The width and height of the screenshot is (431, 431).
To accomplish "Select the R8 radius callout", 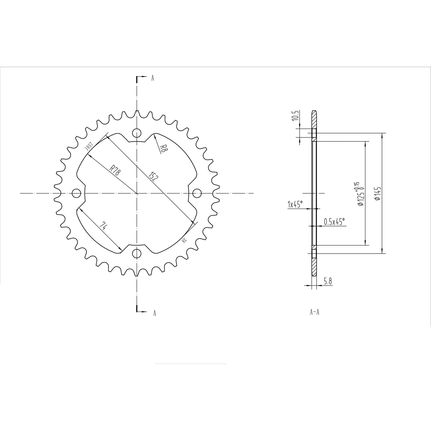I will click(162, 148).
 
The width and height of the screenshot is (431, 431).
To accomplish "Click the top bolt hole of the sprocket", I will click(137, 133).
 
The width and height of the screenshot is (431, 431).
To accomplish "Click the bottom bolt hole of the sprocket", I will click(137, 253).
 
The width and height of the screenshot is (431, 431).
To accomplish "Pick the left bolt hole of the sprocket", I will click(77, 193).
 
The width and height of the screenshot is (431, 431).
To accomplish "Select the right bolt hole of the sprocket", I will click(197, 193).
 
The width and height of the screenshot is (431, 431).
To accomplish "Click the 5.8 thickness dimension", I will click(328, 281).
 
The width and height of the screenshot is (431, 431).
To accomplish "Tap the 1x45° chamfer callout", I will click(295, 204).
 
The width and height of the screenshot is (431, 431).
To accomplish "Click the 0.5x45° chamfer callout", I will click(334, 222).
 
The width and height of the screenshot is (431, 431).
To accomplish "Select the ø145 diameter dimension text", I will click(377, 193).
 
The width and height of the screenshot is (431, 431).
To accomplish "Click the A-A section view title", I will click(314, 312).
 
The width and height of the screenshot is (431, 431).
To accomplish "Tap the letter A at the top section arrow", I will click(152, 78).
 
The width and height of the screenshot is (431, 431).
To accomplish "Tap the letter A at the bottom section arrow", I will click(154, 313).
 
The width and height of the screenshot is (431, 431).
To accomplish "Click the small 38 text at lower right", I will click(184, 240).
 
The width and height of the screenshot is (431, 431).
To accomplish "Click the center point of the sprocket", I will click(137, 193).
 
